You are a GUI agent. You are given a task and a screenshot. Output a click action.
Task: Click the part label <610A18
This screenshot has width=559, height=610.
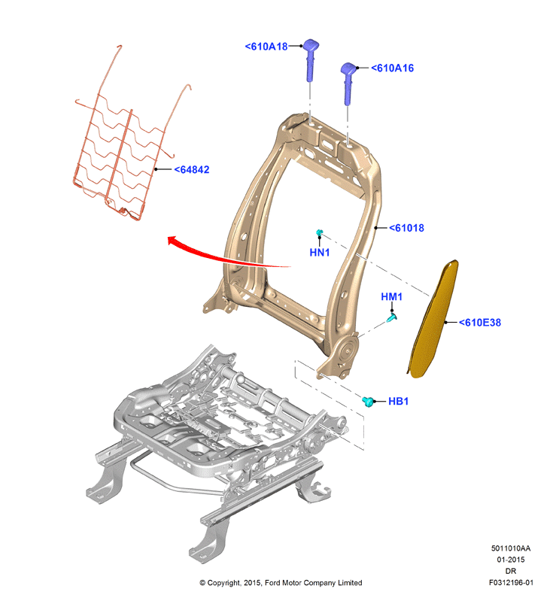point(266,47)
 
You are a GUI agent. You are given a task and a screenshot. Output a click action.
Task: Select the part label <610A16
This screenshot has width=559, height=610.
point(393,68)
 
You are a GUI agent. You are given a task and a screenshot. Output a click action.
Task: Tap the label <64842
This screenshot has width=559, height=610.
point(192,170)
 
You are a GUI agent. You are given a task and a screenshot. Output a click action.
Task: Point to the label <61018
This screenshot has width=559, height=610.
point(406,228)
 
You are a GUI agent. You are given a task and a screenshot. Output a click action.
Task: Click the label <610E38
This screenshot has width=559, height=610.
point(480,323)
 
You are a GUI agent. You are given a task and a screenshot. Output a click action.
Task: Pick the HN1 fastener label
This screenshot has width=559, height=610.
point(320,253)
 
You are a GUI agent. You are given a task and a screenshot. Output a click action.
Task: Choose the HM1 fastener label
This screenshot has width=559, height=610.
point(392,297)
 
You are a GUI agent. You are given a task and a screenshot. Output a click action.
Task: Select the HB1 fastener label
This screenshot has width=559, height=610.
point(399,401)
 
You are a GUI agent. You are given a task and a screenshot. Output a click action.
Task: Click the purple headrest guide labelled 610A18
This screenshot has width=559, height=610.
point(311,59)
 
